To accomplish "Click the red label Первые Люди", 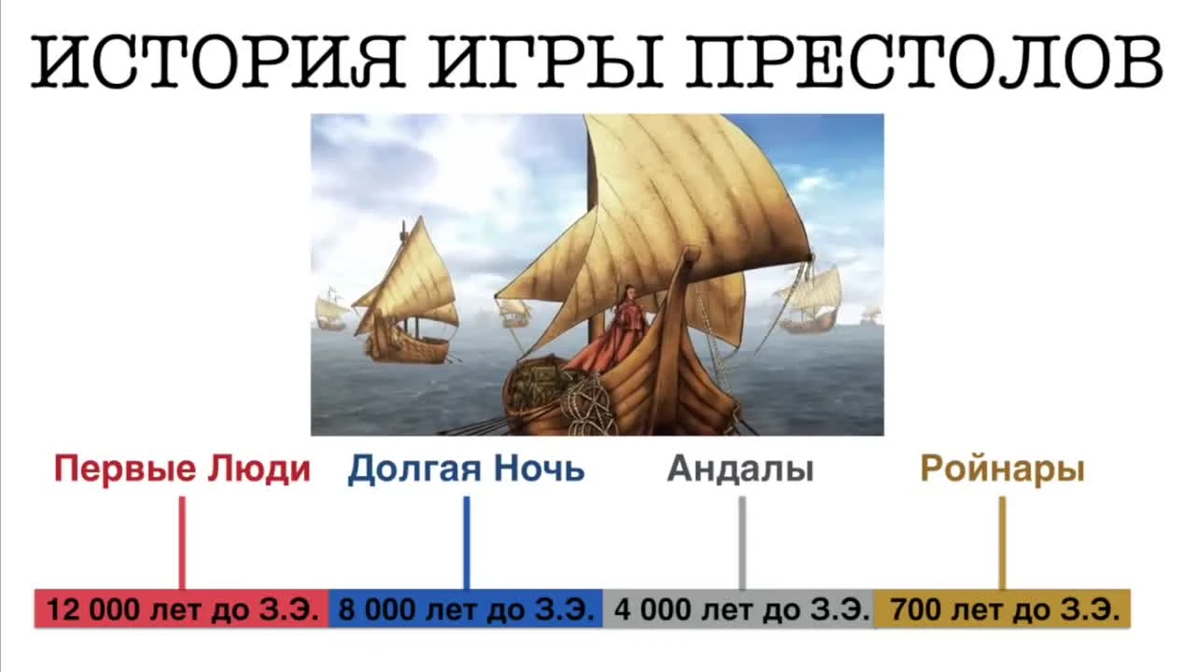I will pyautogui.click(x=182, y=469).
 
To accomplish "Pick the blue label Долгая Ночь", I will pyautogui.click(x=466, y=469).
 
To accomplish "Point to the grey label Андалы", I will pyautogui.click(x=740, y=469).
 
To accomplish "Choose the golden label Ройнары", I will pyautogui.click(x=1002, y=469).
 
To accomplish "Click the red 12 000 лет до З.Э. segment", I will pyautogui.click(x=182, y=609).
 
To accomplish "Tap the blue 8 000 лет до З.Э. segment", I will pyautogui.click(x=466, y=609).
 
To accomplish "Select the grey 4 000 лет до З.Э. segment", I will pyautogui.click(x=740, y=609).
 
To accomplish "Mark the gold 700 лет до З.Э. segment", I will pyautogui.click(x=1003, y=609).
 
